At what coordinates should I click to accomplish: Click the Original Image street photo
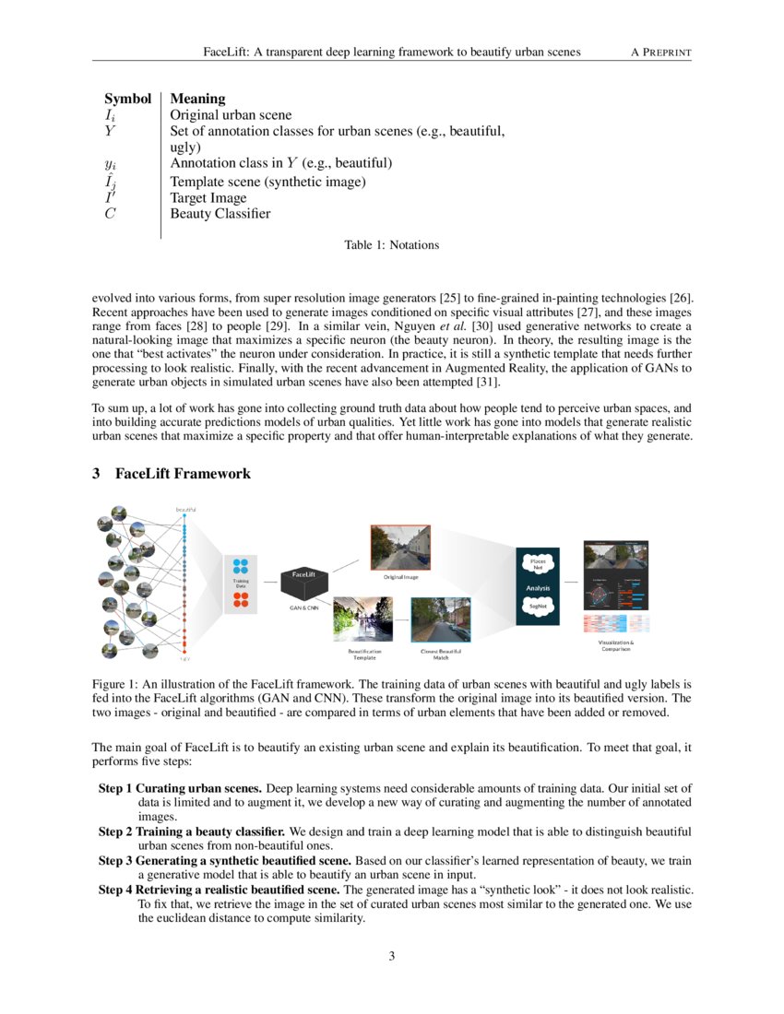[401, 548]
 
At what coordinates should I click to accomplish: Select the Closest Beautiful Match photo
[441, 619]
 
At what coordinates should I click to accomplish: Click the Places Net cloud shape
[537, 563]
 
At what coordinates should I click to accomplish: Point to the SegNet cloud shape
[537, 606]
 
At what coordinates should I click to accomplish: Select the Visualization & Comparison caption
[615, 645]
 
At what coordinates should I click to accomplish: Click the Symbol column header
[127, 99]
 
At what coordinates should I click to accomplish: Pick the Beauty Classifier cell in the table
[220, 214]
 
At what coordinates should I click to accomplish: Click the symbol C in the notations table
[109, 214]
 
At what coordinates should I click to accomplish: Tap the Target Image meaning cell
[208, 197]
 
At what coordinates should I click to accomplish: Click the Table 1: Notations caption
[391, 245]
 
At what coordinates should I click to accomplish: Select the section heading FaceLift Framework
[183, 474]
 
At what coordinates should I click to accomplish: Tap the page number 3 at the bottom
[392, 956]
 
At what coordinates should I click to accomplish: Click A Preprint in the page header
[660, 53]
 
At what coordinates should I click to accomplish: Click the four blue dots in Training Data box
[241, 567]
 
